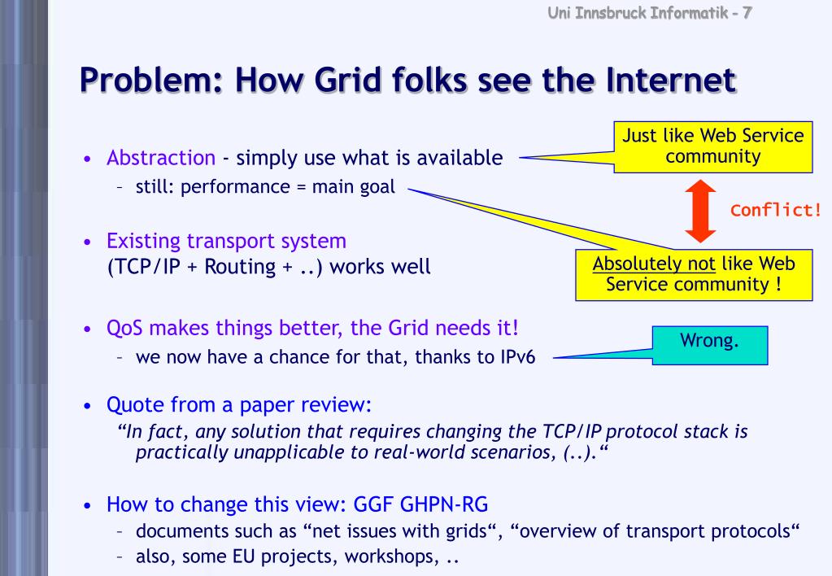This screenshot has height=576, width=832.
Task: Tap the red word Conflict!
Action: click(776, 211)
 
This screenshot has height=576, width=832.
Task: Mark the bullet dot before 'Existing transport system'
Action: click(86, 242)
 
